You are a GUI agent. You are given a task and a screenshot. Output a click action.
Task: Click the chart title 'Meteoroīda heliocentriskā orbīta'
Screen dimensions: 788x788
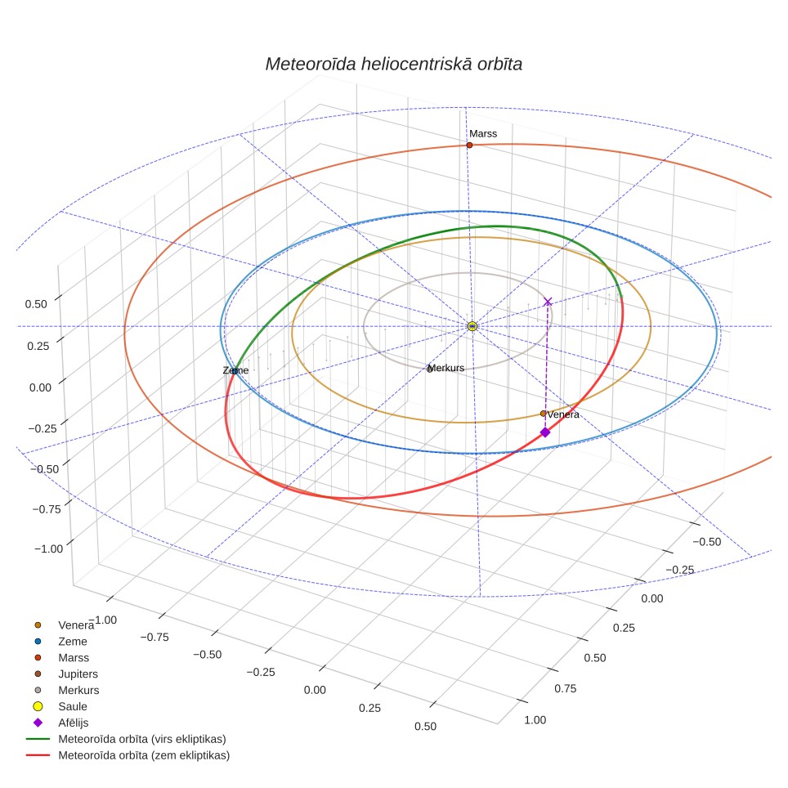click(x=394, y=65)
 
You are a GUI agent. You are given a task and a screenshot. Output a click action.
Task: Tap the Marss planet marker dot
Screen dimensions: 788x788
click(x=469, y=146)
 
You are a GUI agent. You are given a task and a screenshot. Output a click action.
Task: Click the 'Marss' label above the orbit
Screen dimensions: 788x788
click(x=483, y=134)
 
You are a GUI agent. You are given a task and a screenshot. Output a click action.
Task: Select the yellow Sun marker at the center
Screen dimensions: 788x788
click(x=472, y=326)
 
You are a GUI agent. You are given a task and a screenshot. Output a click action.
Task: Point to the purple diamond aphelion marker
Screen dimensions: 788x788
click(x=544, y=432)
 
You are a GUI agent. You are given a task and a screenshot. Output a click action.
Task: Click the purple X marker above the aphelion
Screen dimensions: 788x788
click(x=548, y=302)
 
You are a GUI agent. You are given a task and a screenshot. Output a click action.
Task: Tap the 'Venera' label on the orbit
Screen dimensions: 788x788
click(x=563, y=414)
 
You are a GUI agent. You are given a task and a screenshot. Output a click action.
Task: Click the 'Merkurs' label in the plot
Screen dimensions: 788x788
click(x=446, y=368)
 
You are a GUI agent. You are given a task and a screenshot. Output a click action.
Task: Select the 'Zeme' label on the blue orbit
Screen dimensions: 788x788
click(x=235, y=370)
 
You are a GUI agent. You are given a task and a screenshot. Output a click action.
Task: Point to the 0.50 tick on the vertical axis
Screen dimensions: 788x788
click(x=36, y=304)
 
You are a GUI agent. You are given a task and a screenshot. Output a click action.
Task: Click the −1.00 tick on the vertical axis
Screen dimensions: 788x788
click(x=49, y=548)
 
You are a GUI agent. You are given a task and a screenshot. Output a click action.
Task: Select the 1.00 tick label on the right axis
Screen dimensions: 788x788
click(x=535, y=720)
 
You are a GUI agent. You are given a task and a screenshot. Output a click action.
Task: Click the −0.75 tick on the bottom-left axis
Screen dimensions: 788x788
click(x=154, y=638)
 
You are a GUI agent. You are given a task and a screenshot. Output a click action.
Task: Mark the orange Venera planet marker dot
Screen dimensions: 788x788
click(x=543, y=414)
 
